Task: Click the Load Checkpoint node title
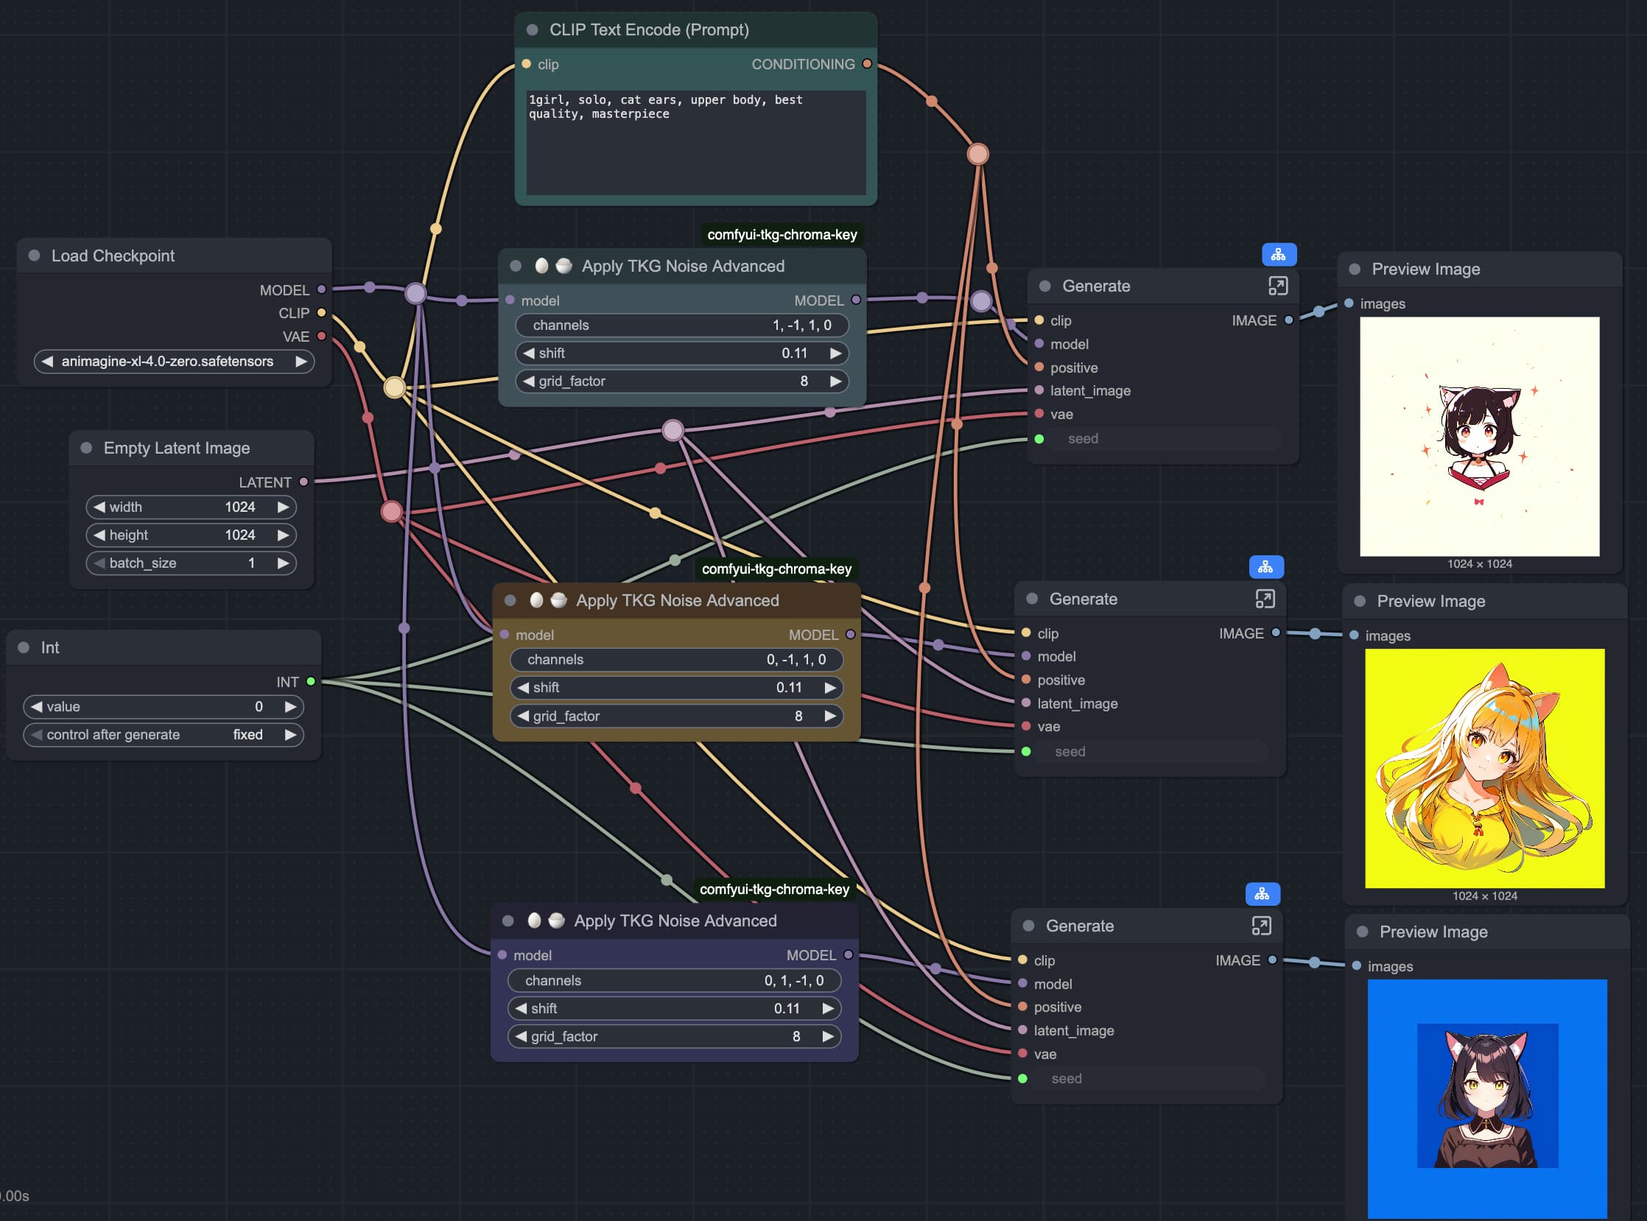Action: click(x=113, y=256)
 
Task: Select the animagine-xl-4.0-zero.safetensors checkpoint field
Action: click(x=174, y=362)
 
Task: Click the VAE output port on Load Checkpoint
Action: click(x=322, y=337)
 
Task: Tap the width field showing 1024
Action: click(x=192, y=507)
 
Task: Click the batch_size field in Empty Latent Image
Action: click(x=192, y=563)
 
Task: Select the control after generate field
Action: click(x=164, y=735)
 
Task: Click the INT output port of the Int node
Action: click(x=312, y=681)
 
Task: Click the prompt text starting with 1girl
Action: click(x=665, y=107)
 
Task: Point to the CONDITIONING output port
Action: click(x=867, y=64)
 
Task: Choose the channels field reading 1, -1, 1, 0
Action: click(x=681, y=326)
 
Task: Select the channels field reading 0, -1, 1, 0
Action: click(x=676, y=659)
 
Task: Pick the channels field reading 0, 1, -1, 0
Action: click(x=674, y=981)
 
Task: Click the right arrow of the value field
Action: click(x=290, y=706)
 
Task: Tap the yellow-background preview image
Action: click(x=1484, y=769)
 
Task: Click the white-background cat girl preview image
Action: click(x=1479, y=437)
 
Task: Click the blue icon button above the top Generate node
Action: click(x=1279, y=255)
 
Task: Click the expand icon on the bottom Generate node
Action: click(x=1261, y=926)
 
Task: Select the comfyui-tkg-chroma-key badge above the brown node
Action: click(x=776, y=569)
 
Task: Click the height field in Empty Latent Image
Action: click(x=192, y=535)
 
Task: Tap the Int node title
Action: click(x=49, y=647)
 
